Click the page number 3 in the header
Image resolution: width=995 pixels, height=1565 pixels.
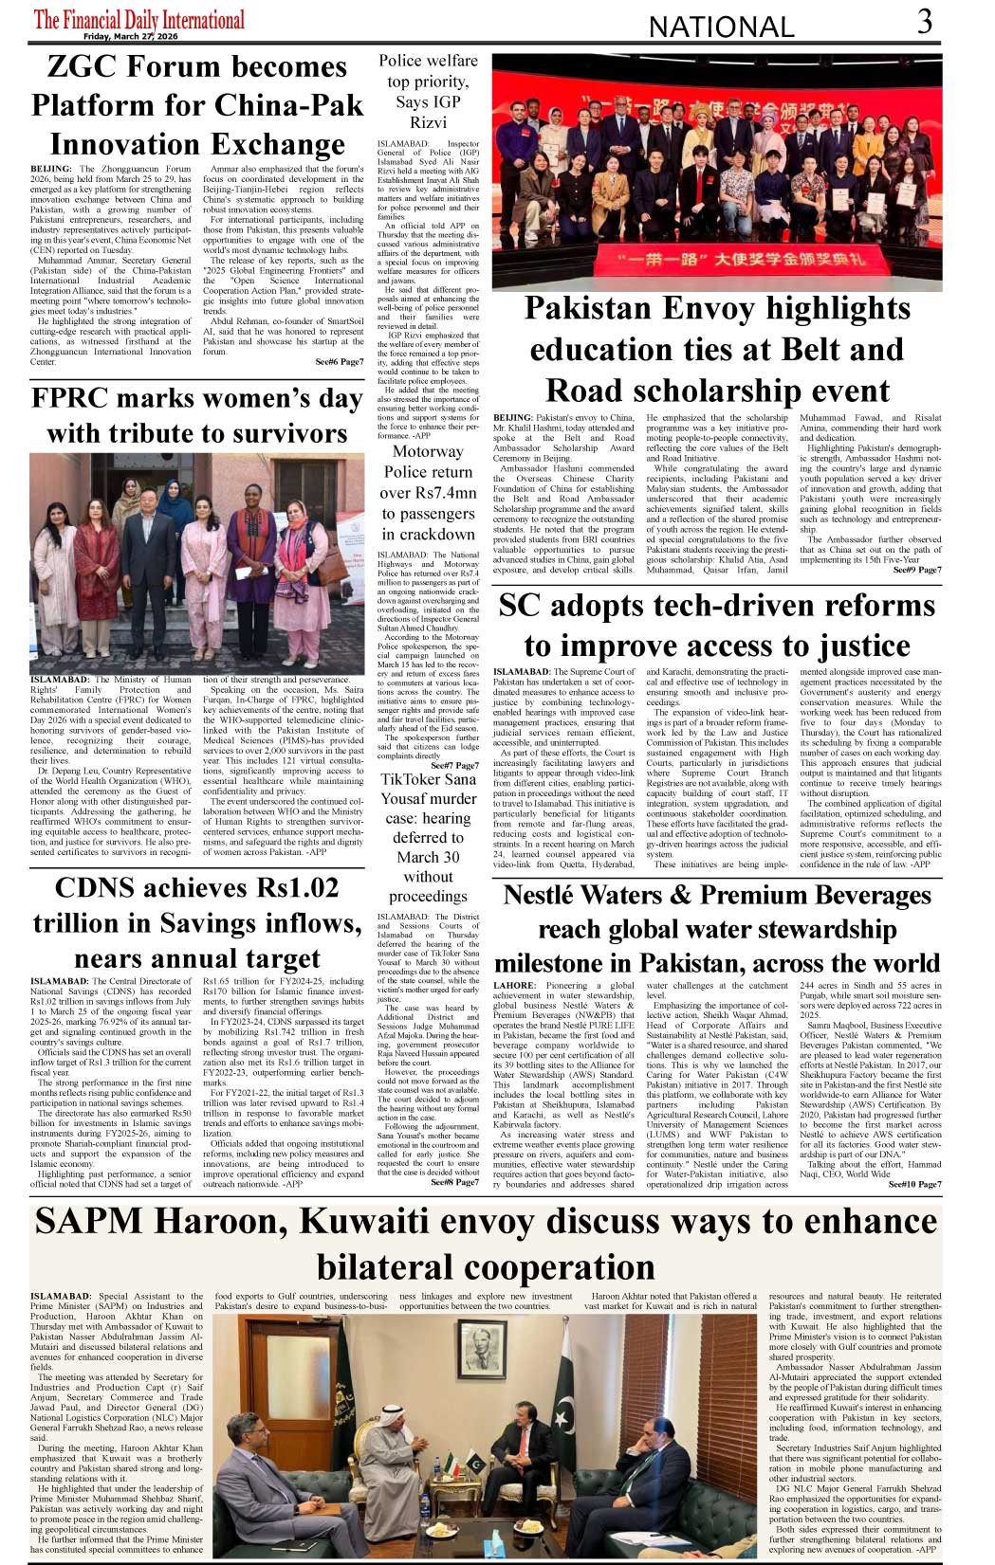[x=924, y=21]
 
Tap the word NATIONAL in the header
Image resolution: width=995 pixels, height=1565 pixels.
[x=721, y=27]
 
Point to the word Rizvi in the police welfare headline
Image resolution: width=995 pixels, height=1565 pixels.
[x=428, y=122]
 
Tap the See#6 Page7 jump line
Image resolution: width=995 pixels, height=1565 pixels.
[x=339, y=362]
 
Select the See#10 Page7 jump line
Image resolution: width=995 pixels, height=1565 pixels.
[x=914, y=1184]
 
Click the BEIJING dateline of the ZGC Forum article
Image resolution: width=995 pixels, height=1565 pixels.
[x=50, y=169]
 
